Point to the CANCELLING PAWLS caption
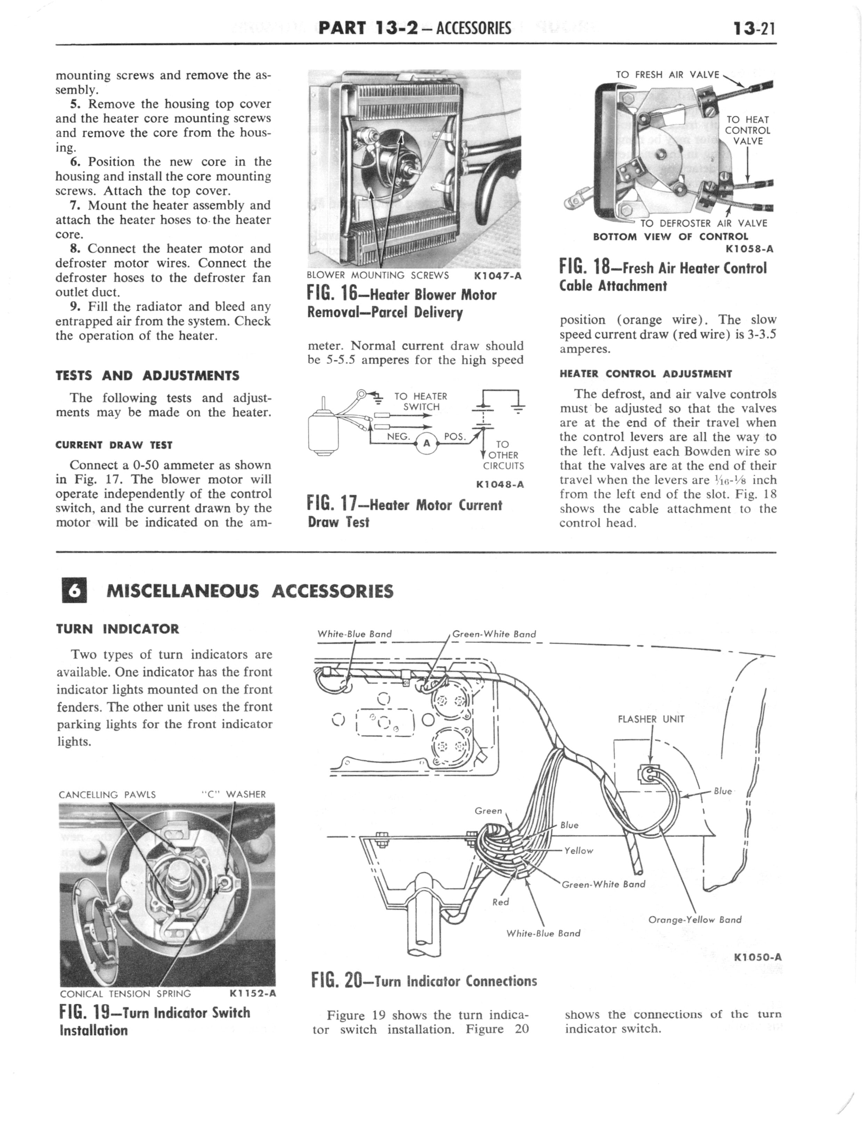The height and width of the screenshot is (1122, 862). click(107, 795)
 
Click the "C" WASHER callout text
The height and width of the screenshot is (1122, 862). click(234, 795)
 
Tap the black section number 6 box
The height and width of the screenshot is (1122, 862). click(74, 591)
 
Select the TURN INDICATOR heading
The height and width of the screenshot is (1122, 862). click(117, 629)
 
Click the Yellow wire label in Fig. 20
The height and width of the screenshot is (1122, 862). click(578, 851)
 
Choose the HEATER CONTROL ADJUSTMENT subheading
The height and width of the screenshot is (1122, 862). click(645, 374)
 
